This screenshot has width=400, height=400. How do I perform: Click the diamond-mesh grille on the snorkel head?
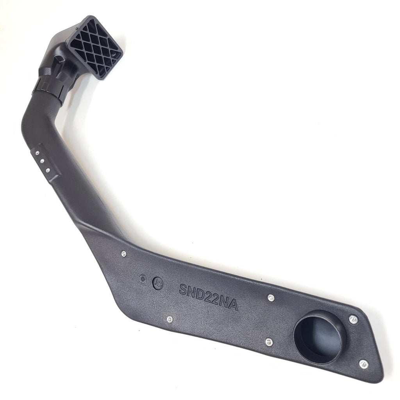click(x=96, y=47)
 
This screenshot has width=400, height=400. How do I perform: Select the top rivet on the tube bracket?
click(x=37, y=153)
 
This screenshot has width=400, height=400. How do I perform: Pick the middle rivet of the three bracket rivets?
click(x=42, y=161)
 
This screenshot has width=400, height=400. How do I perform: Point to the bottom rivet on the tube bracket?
click(x=48, y=170)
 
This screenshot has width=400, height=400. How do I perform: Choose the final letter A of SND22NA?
click(x=233, y=304)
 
